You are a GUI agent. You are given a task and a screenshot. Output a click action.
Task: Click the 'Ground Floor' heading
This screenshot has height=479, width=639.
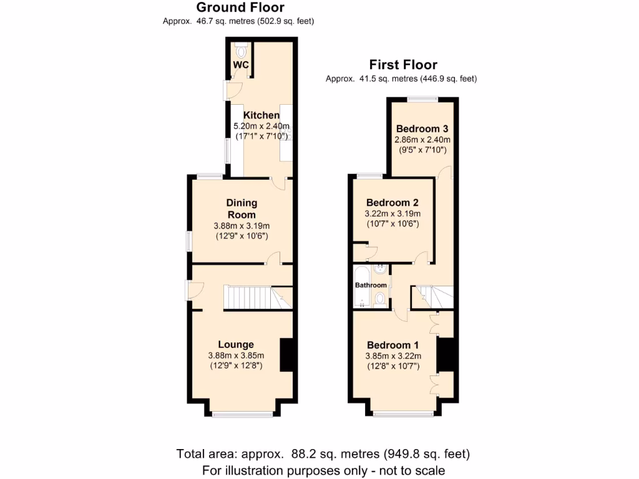tap(240, 7)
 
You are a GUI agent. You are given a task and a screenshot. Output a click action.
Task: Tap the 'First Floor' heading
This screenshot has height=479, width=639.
tap(403, 64)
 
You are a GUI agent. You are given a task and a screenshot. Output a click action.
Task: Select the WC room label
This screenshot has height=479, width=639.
tap(241, 65)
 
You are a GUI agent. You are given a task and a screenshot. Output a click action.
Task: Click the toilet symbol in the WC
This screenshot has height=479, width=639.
tap(241, 51)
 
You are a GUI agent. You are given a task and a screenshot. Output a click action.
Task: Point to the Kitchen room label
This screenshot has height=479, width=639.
tap(261, 115)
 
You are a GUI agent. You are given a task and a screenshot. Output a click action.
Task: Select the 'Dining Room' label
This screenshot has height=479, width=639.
tap(241, 208)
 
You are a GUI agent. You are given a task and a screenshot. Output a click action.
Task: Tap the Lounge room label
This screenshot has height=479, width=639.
tap(236, 344)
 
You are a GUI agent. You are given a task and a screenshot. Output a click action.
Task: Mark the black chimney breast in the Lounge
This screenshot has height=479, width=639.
tap(286, 355)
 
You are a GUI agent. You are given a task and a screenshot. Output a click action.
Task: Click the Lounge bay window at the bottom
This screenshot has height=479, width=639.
tap(241, 414)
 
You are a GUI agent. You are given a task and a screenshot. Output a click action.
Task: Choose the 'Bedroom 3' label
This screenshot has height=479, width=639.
tap(422, 129)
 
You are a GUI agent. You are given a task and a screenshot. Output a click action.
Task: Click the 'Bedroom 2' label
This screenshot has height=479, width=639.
tap(392, 203)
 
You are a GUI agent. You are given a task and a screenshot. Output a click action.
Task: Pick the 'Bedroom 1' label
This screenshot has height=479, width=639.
tap(393, 345)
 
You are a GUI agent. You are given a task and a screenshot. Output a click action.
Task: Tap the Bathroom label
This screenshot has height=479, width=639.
tap(371, 285)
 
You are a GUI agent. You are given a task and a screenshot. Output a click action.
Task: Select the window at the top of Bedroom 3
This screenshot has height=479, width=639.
tap(422, 99)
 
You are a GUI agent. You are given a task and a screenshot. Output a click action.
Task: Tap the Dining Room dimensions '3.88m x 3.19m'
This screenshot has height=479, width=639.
tap(241, 226)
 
